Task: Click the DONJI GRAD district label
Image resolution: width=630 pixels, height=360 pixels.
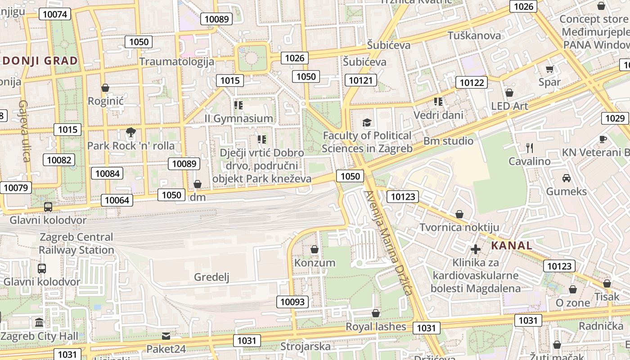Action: click(40, 61)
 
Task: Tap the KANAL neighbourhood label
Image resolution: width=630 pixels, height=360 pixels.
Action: click(512, 246)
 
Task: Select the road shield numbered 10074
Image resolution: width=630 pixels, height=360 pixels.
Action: click(55, 14)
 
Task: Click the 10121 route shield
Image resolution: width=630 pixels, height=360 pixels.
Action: click(361, 80)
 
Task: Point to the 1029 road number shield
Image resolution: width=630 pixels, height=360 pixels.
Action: click(615, 118)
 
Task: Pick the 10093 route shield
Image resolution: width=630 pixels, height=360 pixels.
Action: click(292, 302)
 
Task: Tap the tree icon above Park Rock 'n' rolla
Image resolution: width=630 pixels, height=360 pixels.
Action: click(131, 133)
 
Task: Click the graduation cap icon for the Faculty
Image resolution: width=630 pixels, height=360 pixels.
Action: click(367, 122)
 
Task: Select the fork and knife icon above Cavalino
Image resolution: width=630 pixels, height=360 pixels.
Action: click(530, 148)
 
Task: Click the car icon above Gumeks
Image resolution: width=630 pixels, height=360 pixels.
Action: click(567, 178)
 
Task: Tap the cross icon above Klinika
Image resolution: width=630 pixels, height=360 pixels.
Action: click(476, 249)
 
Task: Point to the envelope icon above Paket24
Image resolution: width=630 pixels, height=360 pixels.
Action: click(166, 336)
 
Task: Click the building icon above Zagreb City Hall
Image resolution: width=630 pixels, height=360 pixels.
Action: click(40, 323)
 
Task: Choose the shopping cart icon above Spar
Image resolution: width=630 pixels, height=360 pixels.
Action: click(549, 69)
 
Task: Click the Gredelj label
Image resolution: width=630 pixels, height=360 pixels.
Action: click(211, 277)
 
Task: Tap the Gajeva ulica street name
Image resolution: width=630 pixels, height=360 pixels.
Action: click(24, 131)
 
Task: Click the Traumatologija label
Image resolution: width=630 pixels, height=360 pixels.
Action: click(177, 61)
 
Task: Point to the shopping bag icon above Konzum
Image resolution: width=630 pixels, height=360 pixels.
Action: click(315, 249)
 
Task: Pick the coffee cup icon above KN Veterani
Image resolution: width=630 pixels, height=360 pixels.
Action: click(603, 139)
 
